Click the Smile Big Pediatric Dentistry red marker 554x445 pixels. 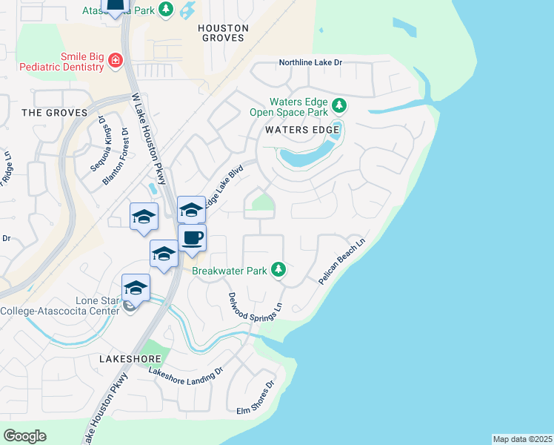(x=115, y=60)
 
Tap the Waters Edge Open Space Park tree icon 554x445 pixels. (x=339, y=105)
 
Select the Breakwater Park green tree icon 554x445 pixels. (x=278, y=269)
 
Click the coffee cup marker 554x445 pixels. (x=192, y=238)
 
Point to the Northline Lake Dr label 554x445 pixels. (x=310, y=63)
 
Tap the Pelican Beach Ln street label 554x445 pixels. (x=342, y=263)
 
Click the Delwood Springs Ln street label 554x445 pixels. (x=256, y=306)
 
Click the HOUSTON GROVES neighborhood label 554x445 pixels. (x=223, y=33)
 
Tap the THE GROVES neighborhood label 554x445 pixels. (x=54, y=113)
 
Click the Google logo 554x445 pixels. (x=24, y=435)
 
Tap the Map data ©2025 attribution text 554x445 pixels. (x=522, y=439)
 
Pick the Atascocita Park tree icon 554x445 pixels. (x=167, y=9)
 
